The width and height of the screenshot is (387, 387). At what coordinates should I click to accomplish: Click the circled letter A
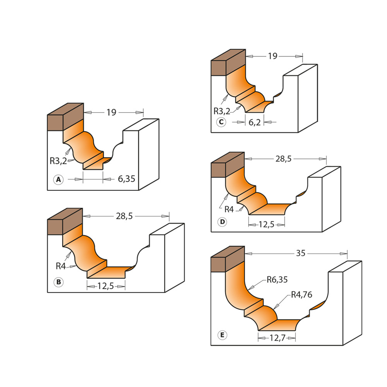(x=58, y=180)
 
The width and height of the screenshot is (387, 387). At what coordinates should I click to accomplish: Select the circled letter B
(x=58, y=282)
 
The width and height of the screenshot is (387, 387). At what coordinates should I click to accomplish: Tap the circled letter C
(x=221, y=122)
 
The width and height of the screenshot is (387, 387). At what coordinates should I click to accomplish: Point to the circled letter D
(x=222, y=222)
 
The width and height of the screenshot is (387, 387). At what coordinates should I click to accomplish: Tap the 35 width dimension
(x=301, y=253)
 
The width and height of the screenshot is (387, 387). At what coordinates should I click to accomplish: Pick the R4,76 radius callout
(x=301, y=295)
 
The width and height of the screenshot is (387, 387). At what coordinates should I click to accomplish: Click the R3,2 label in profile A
(x=58, y=161)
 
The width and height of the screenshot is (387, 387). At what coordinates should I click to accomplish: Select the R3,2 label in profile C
(x=222, y=111)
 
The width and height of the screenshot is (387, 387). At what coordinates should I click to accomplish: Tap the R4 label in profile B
(x=61, y=266)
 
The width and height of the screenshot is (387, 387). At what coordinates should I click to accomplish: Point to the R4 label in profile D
(x=229, y=209)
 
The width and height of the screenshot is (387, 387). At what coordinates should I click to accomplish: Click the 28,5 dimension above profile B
(x=124, y=216)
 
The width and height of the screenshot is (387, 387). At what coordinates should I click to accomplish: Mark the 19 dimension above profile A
(x=111, y=113)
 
